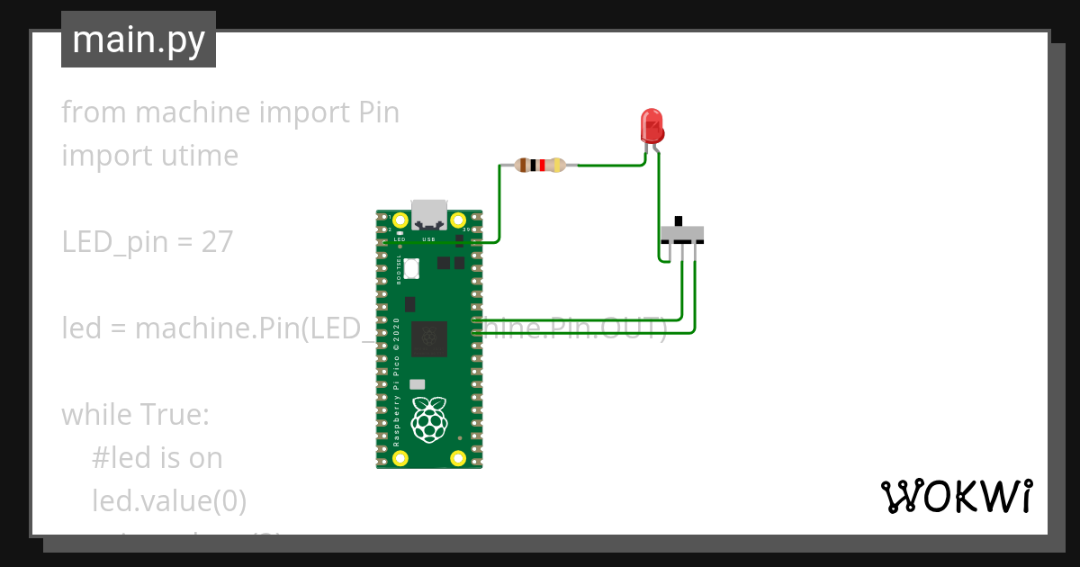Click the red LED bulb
click(651, 125)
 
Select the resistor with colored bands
click(539, 165)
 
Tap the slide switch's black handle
click(679, 221)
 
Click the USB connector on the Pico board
click(429, 213)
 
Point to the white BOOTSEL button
click(412, 268)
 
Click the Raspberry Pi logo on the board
click(428, 419)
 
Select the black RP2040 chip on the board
click(428, 340)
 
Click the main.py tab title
click(139, 40)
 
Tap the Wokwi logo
click(956, 496)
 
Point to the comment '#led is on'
click(157, 458)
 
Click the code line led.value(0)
click(169, 500)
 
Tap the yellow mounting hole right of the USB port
click(457, 220)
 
